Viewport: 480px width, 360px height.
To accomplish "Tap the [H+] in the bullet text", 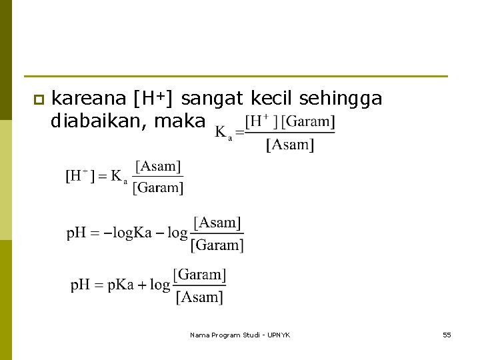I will [x=154, y=99].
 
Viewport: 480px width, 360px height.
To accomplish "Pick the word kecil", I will [x=273, y=99].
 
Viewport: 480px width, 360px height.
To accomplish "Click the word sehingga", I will [x=341, y=100].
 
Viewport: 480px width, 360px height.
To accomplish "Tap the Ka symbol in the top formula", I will [x=223, y=133].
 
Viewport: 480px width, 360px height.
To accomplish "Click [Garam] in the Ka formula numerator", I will [x=308, y=122].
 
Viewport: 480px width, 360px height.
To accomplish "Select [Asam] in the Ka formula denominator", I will [x=290, y=144].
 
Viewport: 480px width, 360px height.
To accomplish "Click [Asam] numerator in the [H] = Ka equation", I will [x=158, y=166].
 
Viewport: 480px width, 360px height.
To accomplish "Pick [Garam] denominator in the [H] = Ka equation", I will [x=158, y=187].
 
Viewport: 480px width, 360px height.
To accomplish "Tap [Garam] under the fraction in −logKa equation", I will [x=217, y=245].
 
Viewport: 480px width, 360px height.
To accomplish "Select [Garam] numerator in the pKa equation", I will [x=200, y=274].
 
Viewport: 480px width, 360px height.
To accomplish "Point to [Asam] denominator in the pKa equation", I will [x=199, y=297].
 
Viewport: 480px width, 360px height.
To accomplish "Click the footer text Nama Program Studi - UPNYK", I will [x=240, y=335].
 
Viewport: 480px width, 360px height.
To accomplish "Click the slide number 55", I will [x=447, y=335].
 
